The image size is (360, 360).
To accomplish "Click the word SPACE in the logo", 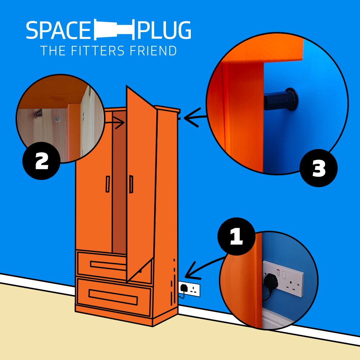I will click(x=58, y=31).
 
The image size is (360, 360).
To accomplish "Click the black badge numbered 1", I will click(x=236, y=236).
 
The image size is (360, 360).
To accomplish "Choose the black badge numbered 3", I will click(x=319, y=168).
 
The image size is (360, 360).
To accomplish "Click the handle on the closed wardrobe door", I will click(x=107, y=184).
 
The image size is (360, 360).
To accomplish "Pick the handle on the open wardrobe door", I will click(x=131, y=184).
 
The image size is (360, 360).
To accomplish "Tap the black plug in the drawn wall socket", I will click(x=184, y=288).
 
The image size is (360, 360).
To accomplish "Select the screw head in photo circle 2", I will click(x=57, y=118).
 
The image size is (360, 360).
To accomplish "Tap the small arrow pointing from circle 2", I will click(x=115, y=122).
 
